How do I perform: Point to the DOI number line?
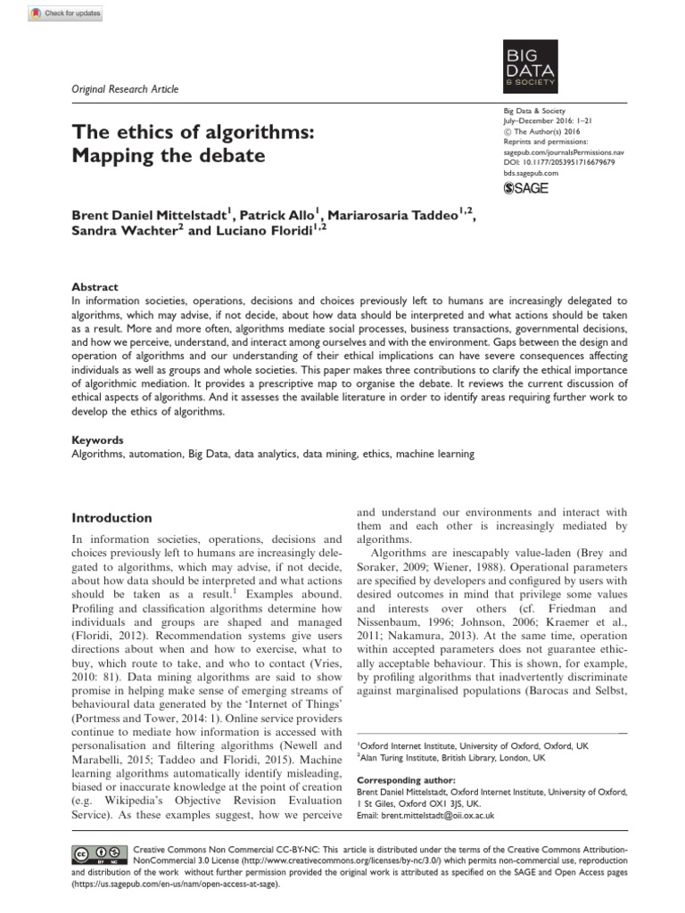[554, 163]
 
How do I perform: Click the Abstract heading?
[95, 287]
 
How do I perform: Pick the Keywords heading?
[97, 440]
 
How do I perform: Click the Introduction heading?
[111, 518]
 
